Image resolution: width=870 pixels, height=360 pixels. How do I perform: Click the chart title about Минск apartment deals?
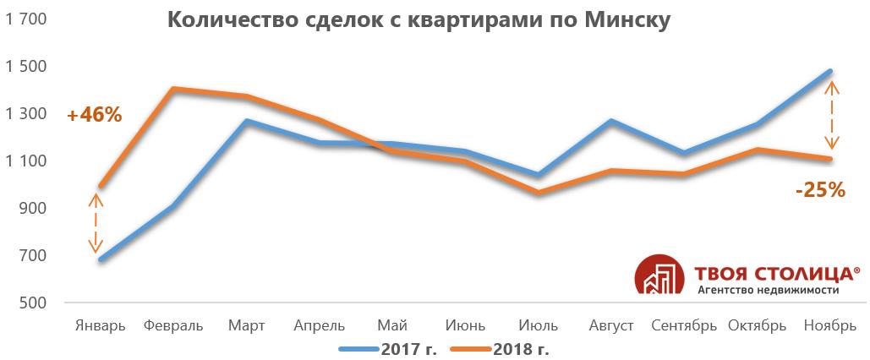[x=419, y=20]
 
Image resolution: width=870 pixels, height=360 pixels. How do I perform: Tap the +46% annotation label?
[x=95, y=115]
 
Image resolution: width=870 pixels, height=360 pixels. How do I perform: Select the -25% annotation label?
[x=820, y=191]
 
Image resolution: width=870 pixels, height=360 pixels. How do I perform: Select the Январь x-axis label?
[x=101, y=325]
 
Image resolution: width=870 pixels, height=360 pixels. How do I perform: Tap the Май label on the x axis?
[x=391, y=325]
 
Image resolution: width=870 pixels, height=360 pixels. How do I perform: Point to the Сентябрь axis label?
[x=685, y=325]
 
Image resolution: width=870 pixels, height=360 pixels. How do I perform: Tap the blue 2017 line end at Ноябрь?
[x=830, y=71]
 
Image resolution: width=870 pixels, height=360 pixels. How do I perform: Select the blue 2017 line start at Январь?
[x=101, y=259]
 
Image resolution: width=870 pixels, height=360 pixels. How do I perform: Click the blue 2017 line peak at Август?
[x=611, y=121]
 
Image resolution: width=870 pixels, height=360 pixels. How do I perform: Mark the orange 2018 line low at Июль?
[x=538, y=194]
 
